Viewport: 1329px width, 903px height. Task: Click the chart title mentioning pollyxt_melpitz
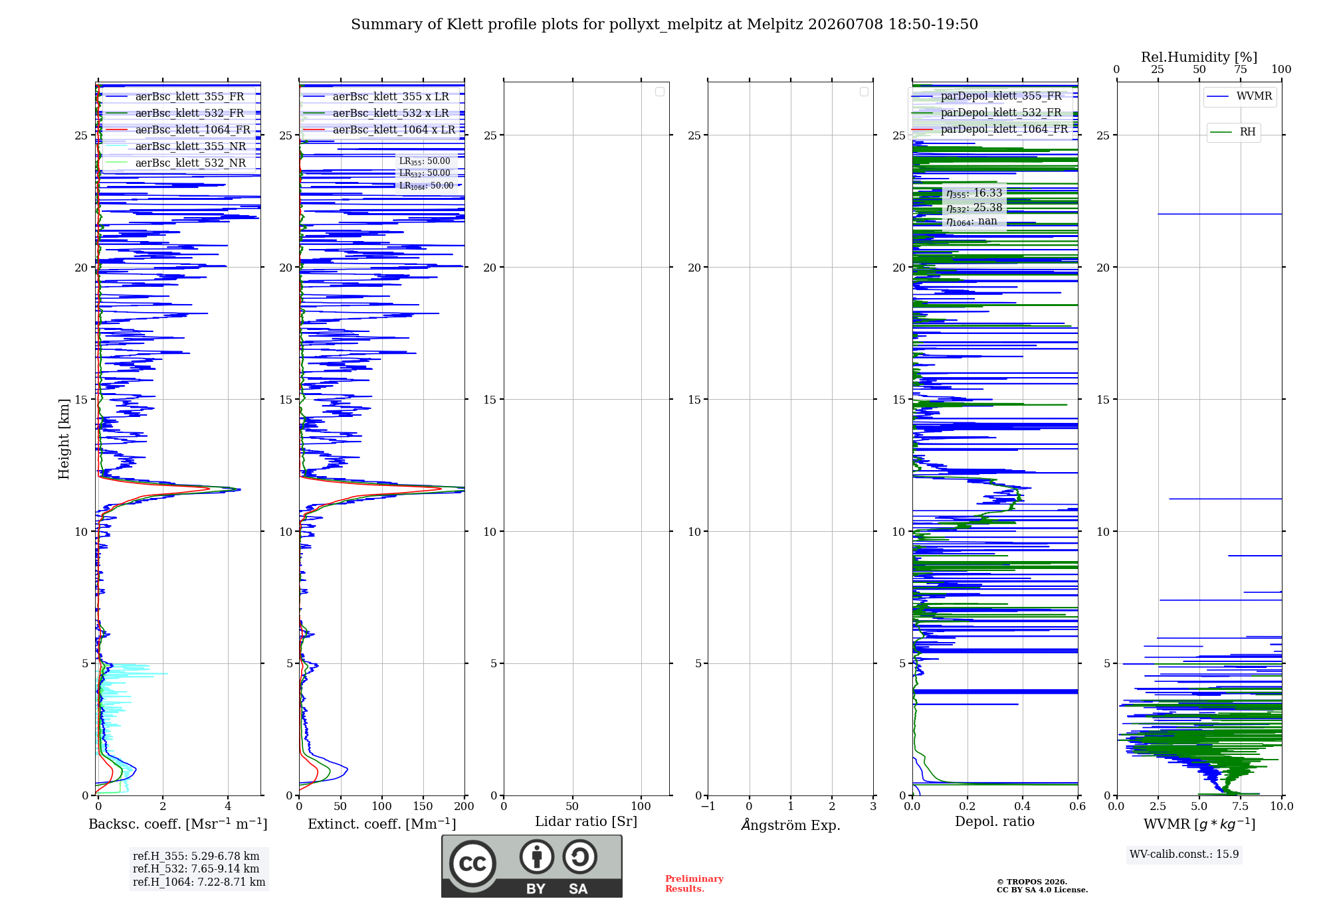pyautogui.click(x=664, y=25)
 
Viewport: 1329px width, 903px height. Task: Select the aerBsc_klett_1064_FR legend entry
pyautogui.click(x=178, y=129)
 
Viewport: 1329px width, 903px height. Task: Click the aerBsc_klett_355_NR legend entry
pyautogui.click(x=176, y=146)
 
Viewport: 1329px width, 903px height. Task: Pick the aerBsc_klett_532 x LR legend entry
pyautogui.click(x=376, y=113)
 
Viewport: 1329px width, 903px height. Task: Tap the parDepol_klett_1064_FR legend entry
pyautogui.click(x=990, y=129)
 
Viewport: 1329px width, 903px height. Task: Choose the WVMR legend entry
pyautogui.click(x=1240, y=96)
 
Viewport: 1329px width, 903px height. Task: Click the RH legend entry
pyautogui.click(x=1233, y=132)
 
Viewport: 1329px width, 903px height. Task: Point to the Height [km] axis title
pyautogui.click(x=64, y=439)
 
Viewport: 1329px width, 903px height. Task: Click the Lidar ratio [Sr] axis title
pyautogui.click(x=586, y=822)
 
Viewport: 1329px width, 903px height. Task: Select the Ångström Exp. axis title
pyautogui.click(x=791, y=825)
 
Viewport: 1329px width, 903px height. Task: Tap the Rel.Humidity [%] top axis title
pyautogui.click(x=1199, y=57)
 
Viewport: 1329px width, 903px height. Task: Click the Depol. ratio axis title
pyautogui.click(x=995, y=821)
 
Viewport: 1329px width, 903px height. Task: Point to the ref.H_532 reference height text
pyautogui.click(x=196, y=868)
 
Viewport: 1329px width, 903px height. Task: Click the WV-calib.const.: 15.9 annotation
pyautogui.click(x=1184, y=854)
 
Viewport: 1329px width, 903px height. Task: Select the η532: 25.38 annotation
pyautogui.click(x=974, y=208)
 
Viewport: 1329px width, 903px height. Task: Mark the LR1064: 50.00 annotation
pyautogui.click(x=427, y=186)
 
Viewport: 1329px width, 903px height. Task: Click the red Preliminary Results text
pyautogui.click(x=694, y=884)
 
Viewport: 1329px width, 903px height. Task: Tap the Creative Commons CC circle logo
pyautogui.click(x=472, y=864)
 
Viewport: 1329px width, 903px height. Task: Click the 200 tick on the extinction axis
pyautogui.click(x=464, y=806)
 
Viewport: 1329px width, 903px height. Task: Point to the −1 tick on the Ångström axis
pyautogui.click(x=708, y=806)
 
